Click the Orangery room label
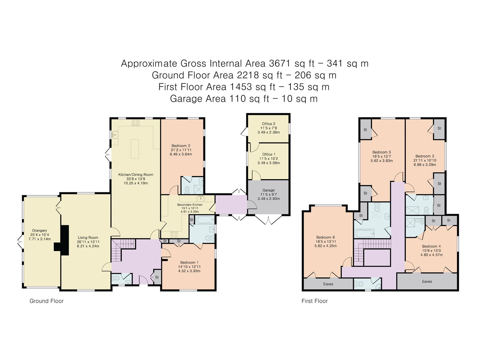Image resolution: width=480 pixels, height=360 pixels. click(39, 230)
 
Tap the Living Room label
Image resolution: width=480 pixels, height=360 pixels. click(88, 238)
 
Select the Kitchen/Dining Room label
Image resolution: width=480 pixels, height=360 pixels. click(136, 175)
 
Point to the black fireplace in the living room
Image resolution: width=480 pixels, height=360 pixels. click(62, 240)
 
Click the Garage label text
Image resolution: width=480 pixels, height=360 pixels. click(268, 190)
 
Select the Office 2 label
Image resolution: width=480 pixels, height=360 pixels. click(268, 124)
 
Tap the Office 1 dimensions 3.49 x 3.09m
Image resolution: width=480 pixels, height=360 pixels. click(268, 163)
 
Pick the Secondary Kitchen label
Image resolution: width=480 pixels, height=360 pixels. click(189, 205)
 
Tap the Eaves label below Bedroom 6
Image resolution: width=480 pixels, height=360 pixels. click(328, 284)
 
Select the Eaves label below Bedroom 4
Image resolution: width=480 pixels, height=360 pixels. click(427, 281)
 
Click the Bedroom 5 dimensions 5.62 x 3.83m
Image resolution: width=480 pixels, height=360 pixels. click(381, 161)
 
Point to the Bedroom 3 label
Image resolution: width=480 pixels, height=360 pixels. click(424, 156)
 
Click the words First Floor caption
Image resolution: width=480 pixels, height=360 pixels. click(314, 301)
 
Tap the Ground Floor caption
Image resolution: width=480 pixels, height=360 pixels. click(46, 301)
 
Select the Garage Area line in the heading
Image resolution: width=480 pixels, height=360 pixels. click(244, 99)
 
